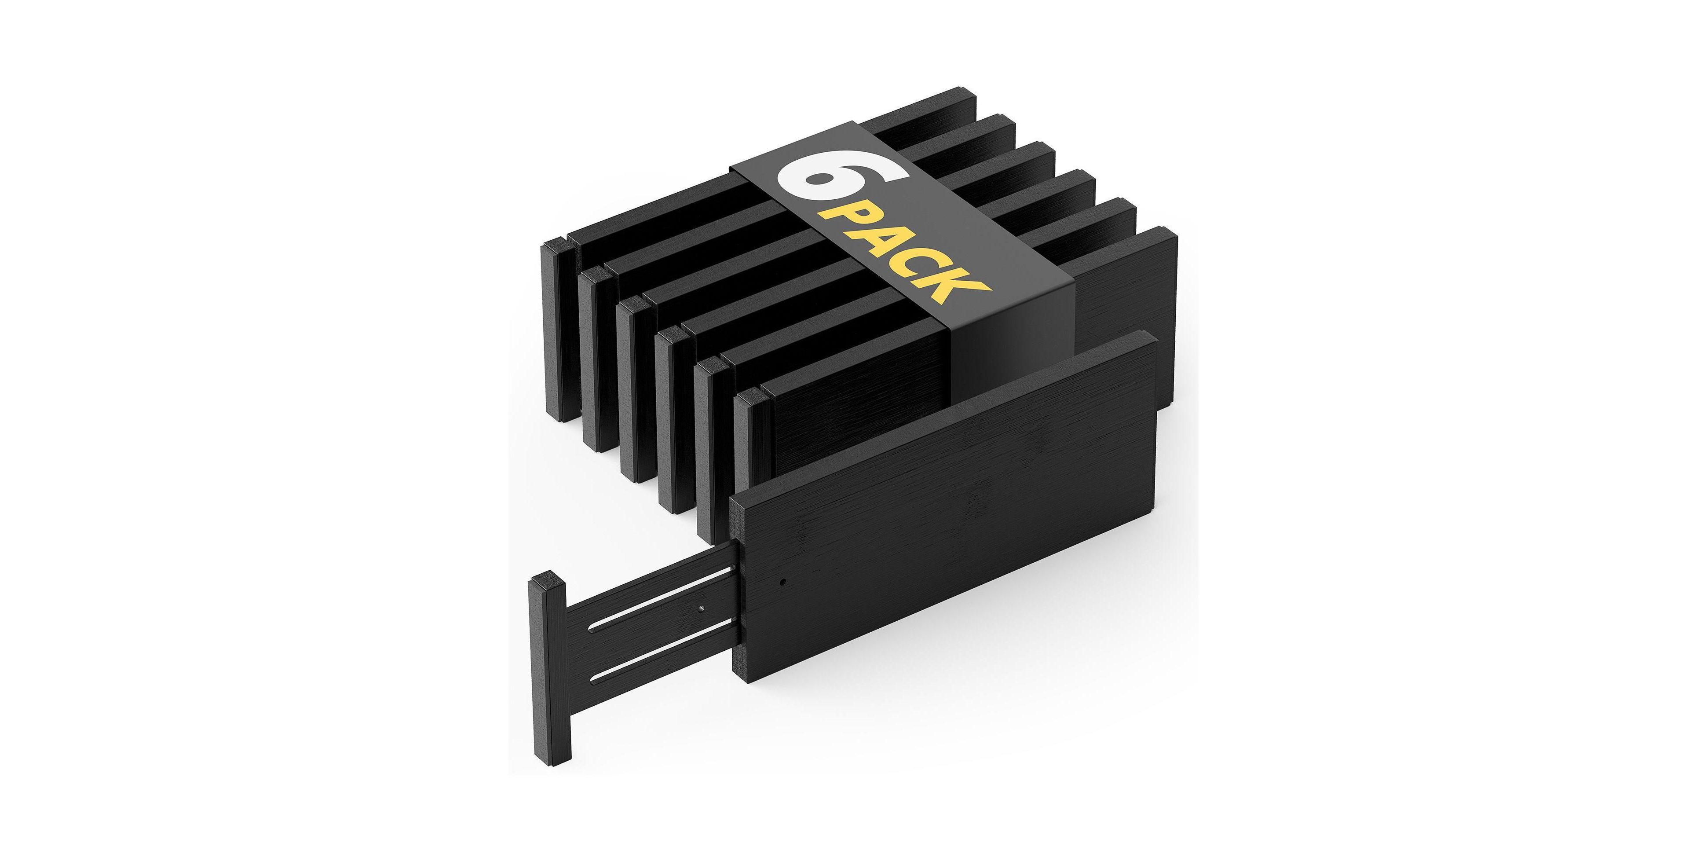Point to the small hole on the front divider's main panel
click(x=783, y=581)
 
